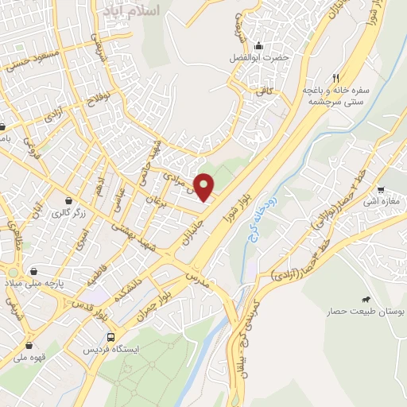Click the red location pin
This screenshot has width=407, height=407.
[204, 186]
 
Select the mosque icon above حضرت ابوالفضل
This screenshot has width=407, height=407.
[259, 45]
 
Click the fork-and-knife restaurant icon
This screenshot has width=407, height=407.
[335, 78]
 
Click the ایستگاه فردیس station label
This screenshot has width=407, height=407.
[116, 350]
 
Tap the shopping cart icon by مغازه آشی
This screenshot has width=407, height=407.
[382, 190]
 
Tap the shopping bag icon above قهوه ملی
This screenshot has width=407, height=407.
[30, 345]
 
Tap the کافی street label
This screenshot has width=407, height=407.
[264, 92]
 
